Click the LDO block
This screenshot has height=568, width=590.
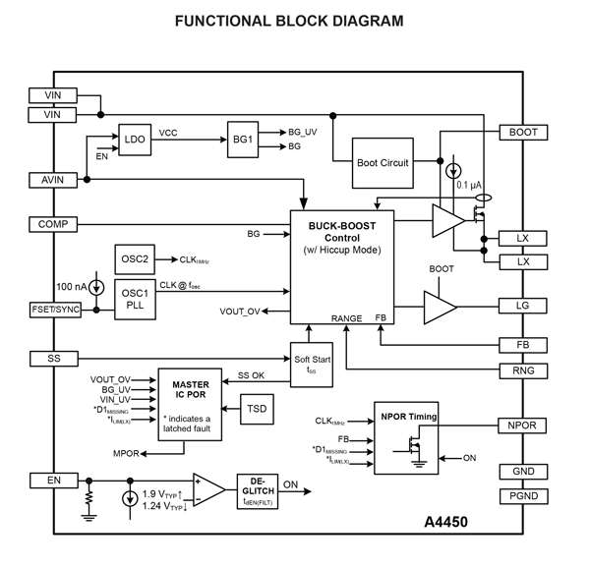(135, 140)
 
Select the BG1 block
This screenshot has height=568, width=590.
(242, 139)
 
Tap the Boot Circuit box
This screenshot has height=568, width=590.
(383, 163)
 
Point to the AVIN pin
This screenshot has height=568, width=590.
(53, 180)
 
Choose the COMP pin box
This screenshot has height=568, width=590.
(53, 224)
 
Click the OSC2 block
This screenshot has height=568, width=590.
(136, 259)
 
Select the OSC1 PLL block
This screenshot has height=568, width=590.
(136, 299)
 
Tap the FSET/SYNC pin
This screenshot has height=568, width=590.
(53, 310)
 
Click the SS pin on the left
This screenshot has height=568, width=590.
(53, 358)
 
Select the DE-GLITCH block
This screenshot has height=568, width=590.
(259, 488)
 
